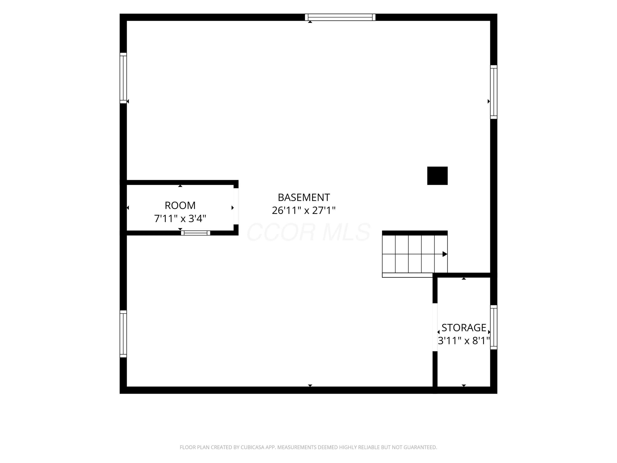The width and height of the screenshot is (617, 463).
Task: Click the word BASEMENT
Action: pos(304,197)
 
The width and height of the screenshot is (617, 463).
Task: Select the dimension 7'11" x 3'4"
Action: pos(180,218)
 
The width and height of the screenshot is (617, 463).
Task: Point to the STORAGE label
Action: pos(464,327)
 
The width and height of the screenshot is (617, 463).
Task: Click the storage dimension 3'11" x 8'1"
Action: pos(464,341)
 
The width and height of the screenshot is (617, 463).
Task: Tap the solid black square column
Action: pos(437,176)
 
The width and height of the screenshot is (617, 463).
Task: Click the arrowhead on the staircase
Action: pos(445,254)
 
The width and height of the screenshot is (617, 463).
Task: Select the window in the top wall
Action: pos(340,17)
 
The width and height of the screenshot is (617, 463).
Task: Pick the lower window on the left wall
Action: pos(123,334)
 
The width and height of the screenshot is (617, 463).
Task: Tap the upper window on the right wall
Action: pos(494,92)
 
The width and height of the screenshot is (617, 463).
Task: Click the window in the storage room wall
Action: pos(494,327)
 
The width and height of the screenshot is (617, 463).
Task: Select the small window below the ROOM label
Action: pos(196,233)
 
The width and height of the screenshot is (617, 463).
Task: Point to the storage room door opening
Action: pos(435,327)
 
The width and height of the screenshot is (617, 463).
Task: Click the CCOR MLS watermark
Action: pos(308,232)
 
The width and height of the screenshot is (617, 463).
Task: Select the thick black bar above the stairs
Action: pos(415,233)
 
